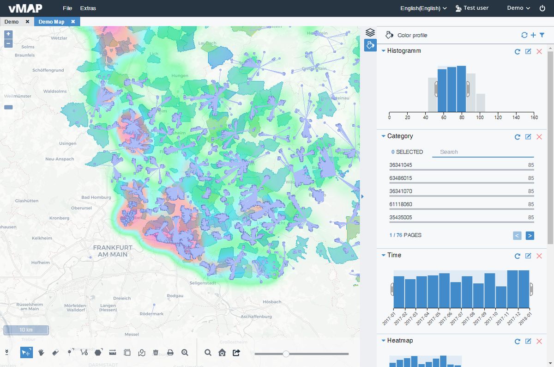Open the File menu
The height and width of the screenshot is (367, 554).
[67, 8]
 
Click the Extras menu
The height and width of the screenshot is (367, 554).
[88, 8]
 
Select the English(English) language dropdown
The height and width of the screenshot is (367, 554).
[423, 8]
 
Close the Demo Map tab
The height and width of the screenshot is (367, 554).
[73, 22]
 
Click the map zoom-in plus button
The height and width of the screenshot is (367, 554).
[8, 34]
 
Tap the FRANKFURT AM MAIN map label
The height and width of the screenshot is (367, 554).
[113, 251]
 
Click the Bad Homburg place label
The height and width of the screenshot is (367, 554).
[96, 197]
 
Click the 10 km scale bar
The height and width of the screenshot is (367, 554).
[26, 330]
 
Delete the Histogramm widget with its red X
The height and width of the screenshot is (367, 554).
[539, 51]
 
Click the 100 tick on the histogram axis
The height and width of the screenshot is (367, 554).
[480, 117]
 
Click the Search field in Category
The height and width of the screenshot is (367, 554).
[482, 152]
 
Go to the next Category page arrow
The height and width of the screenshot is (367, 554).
[530, 236]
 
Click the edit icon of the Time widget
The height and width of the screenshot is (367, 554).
[528, 256]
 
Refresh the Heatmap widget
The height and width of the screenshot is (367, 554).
[518, 341]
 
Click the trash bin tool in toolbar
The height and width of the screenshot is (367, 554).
[156, 353]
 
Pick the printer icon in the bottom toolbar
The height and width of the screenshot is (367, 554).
[170, 353]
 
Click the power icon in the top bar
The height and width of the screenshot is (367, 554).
[542, 8]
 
